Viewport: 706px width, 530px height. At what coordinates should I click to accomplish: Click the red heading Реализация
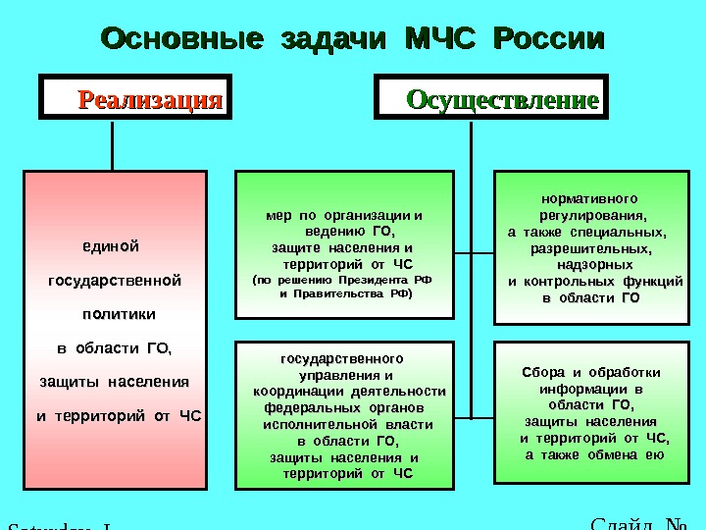coord(150,100)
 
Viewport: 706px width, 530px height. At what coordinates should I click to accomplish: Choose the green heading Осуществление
coord(502,101)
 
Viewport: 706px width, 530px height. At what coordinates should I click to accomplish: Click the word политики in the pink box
coord(119,314)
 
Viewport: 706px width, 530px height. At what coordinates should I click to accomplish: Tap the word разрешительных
coord(593,248)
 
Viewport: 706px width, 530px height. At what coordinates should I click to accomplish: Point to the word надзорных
coord(594,265)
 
